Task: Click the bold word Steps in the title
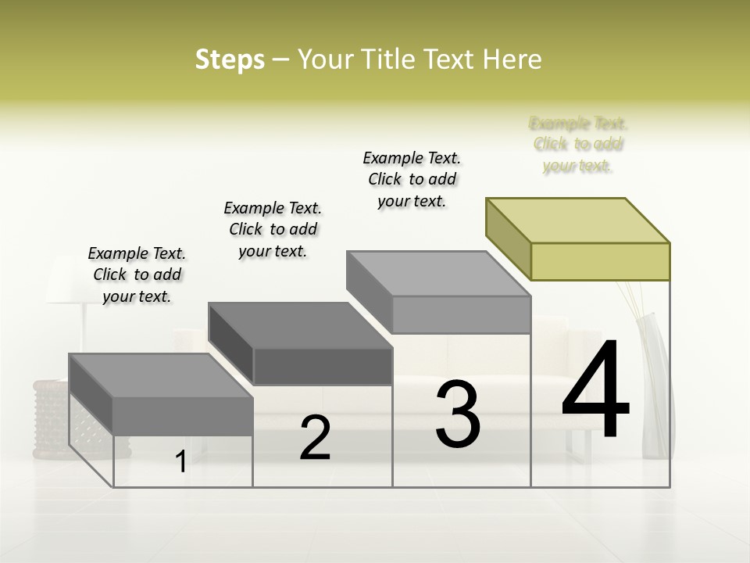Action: (x=230, y=59)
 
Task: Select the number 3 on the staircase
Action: (x=457, y=414)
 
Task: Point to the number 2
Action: (x=315, y=439)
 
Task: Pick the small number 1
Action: (x=180, y=462)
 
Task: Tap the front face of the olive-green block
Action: (x=600, y=261)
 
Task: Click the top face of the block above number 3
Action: (x=437, y=274)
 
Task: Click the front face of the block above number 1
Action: (x=183, y=415)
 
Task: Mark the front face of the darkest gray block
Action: (x=323, y=366)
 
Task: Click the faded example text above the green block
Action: (x=578, y=145)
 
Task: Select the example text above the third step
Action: (x=412, y=179)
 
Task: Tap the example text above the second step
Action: (x=273, y=229)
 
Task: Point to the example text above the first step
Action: (x=137, y=274)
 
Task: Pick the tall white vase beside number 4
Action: (x=655, y=383)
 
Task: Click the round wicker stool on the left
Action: (x=51, y=414)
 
